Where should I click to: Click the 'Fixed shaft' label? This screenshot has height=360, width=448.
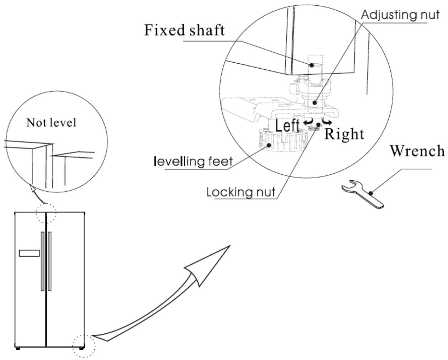click(x=184, y=30)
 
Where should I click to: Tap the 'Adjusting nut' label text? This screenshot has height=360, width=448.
click(x=400, y=15)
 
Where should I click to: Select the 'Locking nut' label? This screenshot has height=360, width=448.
click(x=241, y=192)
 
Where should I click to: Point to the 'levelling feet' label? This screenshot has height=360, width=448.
click(x=193, y=162)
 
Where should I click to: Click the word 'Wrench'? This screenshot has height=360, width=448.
click(x=417, y=150)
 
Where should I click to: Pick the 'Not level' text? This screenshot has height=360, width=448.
click(x=51, y=123)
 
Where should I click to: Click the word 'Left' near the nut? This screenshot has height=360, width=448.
click(x=288, y=125)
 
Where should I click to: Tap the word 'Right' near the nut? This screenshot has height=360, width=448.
click(x=344, y=134)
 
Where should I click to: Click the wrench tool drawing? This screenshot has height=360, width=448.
click(x=363, y=194)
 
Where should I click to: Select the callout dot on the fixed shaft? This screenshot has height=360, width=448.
click(x=311, y=65)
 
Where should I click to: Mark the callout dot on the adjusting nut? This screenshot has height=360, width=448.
click(x=315, y=102)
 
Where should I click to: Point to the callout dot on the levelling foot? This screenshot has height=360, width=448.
click(x=269, y=145)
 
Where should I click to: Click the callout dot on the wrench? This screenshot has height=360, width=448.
click(x=371, y=193)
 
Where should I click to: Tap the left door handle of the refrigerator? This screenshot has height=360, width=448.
click(x=42, y=261)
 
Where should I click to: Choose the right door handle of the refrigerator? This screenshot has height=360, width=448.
click(x=49, y=261)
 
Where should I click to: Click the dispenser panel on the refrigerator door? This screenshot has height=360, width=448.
click(x=29, y=253)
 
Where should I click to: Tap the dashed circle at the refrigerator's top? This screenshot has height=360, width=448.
click(x=46, y=204)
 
